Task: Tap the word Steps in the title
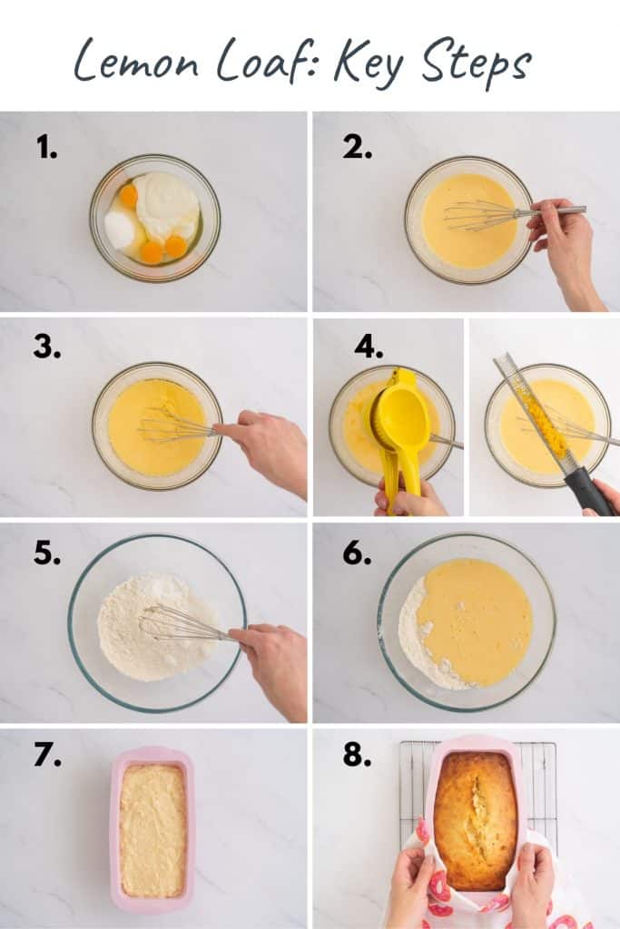477,64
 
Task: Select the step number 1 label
46,146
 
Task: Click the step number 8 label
356,755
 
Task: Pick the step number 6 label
356,553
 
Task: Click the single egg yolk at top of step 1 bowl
129,194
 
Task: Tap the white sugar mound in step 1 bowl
120,229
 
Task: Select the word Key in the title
363,64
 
